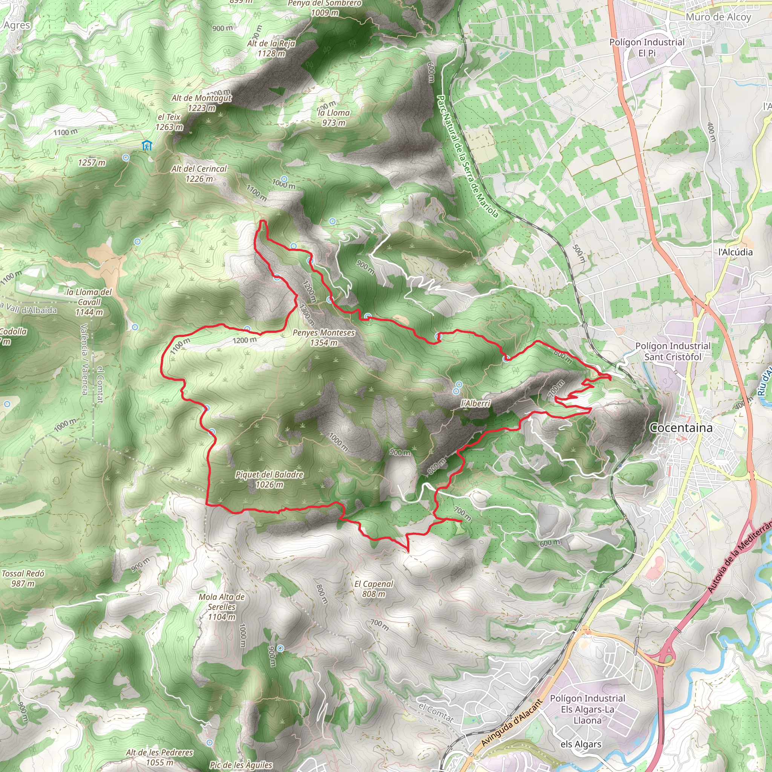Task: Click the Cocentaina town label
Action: tap(681, 427)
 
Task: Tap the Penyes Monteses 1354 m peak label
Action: tap(323, 337)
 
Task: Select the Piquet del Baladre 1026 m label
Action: tap(269, 479)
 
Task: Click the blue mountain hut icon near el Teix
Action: tap(147, 146)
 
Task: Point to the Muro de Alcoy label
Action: tap(718, 17)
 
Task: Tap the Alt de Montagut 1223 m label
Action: tap(201, 103)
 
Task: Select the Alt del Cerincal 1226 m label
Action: tap(199, 173)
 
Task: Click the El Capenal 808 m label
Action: tap(374, 588)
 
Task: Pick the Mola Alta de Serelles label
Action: tap(222, 607)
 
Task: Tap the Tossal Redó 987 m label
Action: tap(23, 578)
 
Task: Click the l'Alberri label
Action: tap(475, 404)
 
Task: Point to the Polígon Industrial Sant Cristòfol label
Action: tap(673, 351)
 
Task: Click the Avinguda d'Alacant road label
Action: tap(512, 723)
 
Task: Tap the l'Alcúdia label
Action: tap(735, 252)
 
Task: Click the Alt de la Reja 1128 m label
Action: tap(271, 48)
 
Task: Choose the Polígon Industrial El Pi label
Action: tap(646, 47)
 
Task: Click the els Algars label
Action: tap(581, 744)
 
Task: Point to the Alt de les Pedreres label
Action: tap(159, 757)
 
